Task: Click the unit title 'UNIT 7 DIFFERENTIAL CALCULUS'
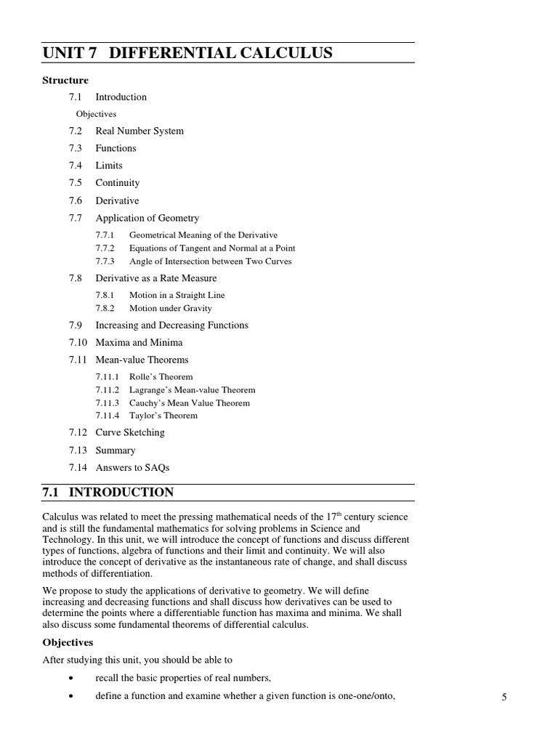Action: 187,52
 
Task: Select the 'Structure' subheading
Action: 65,80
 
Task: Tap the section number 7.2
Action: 76,131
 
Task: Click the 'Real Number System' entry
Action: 139,131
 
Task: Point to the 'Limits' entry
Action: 109,166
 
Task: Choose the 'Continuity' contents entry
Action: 118,183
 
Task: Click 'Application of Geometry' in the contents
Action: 147,218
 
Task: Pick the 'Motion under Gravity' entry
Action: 171,308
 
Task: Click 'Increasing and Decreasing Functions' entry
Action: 172,325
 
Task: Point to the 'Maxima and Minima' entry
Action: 139,343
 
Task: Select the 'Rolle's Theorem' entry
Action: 161,377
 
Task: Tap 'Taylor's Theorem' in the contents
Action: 163,416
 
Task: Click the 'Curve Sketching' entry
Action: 130,433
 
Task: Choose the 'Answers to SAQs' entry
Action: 132,468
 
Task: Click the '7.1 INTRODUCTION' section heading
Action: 108,493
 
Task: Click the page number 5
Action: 504,697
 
